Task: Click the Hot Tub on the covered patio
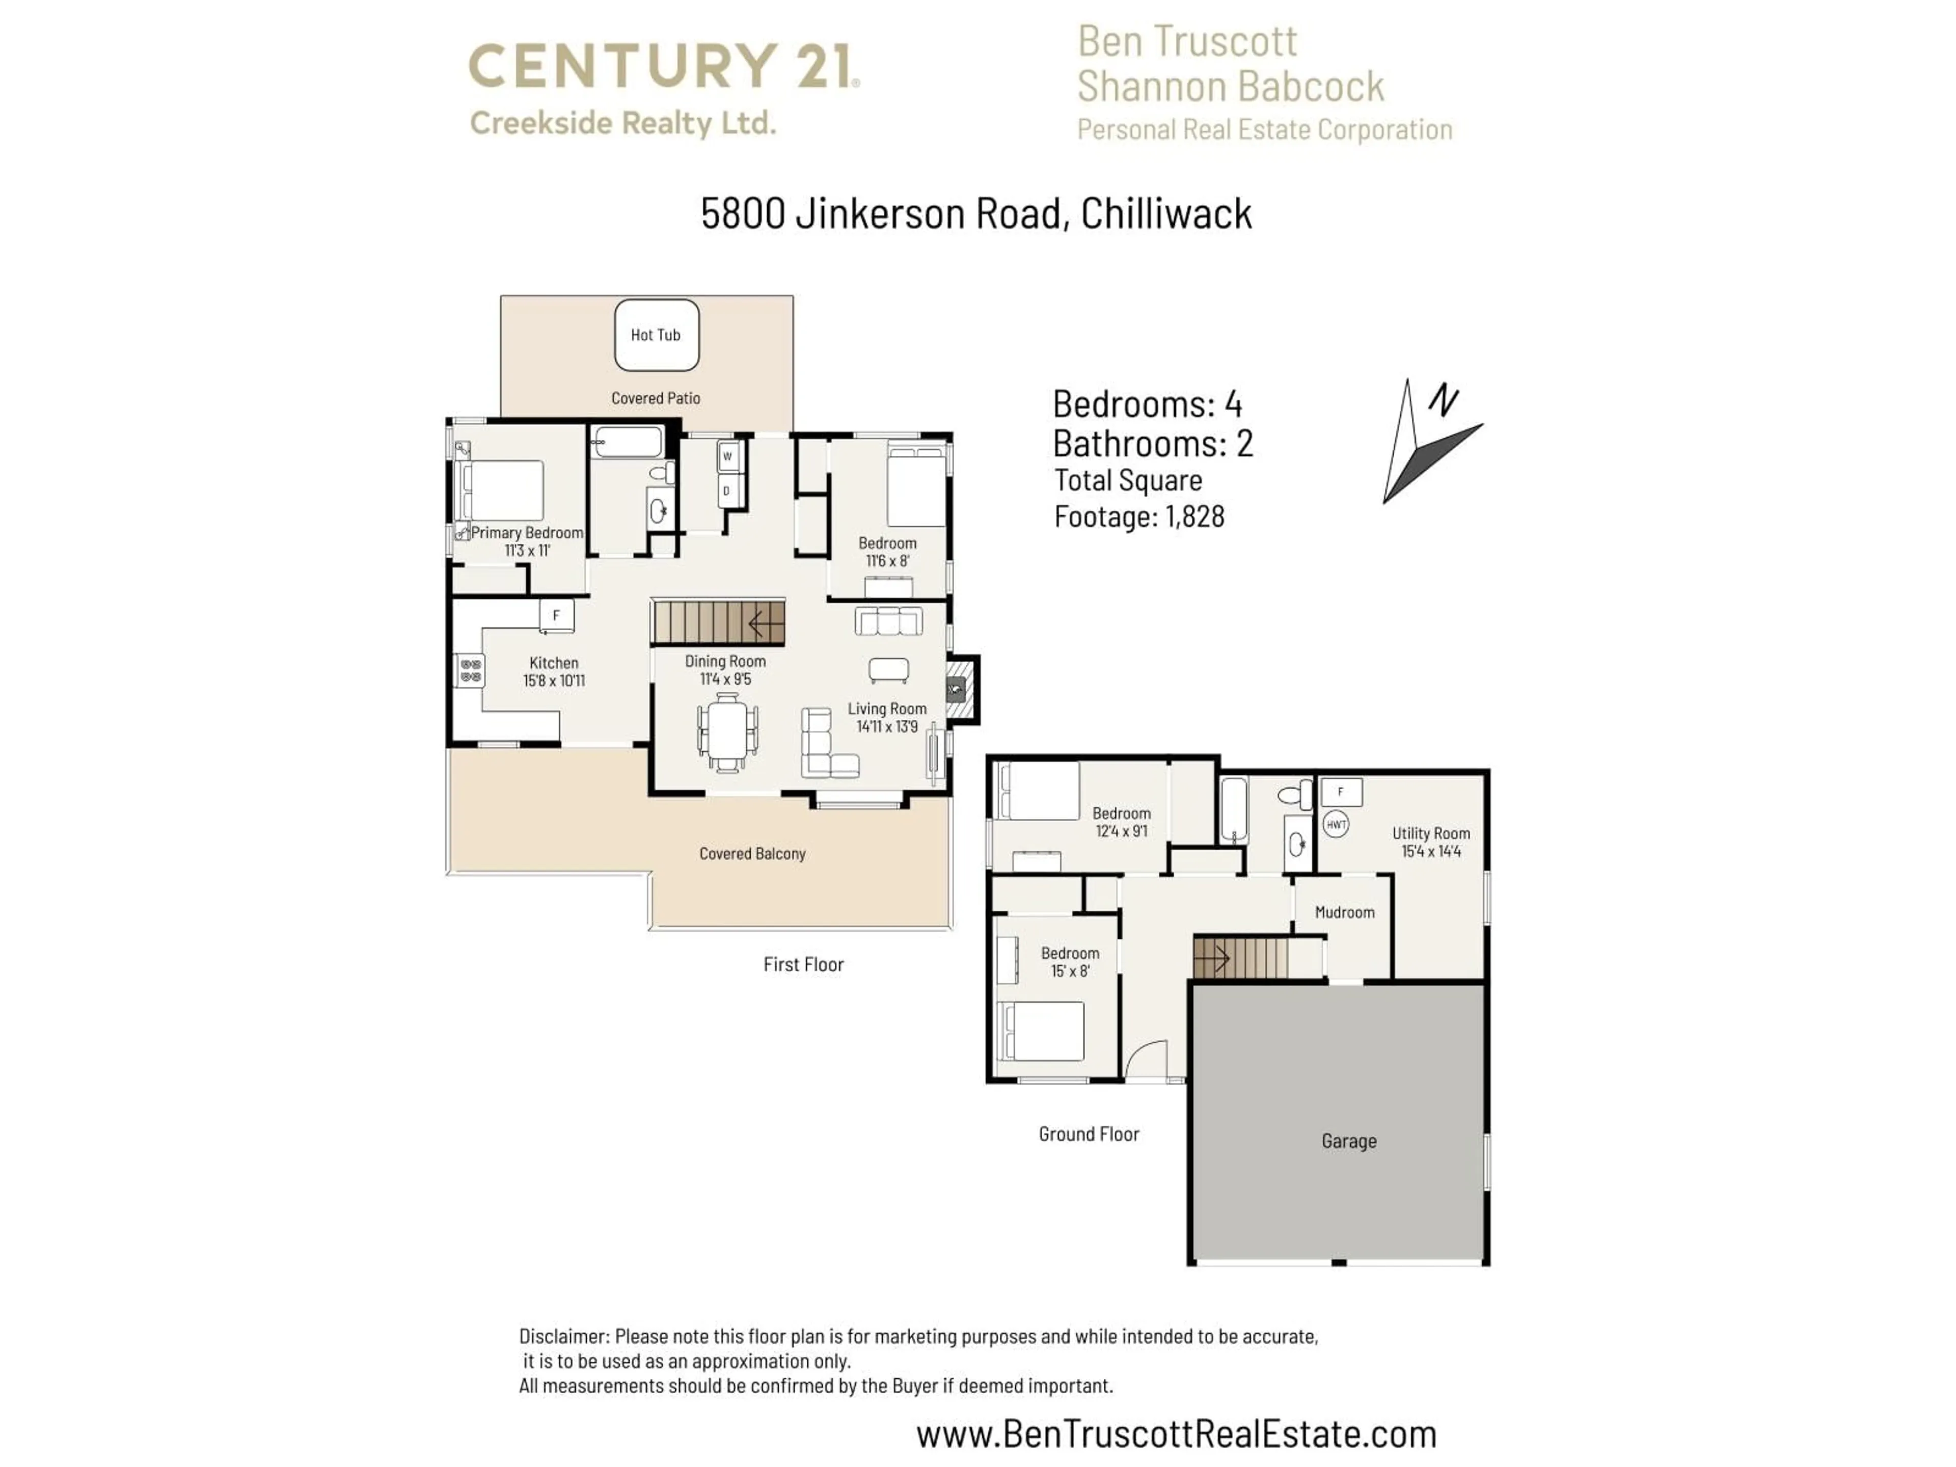pyautogui.click(x=656, y=335)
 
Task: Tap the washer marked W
pyautogui.click(x=728, y=456)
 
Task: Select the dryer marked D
pyautogui.click(x=728, y=491)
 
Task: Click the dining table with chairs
pyautogui.click(x=728, y=732)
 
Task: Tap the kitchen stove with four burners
pyautogui.click(x=471, y=670)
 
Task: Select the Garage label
pyautogui.click(x=1348, y=1140)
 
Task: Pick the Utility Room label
pyautogui.click(x=1431, y=833)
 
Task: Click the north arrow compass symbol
pyautogui.click(x=1424, y=442)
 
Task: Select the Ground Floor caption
pyautogui.click(x=1089, y=1134)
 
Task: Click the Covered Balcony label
pyautogui.click(x=752, y=853)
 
